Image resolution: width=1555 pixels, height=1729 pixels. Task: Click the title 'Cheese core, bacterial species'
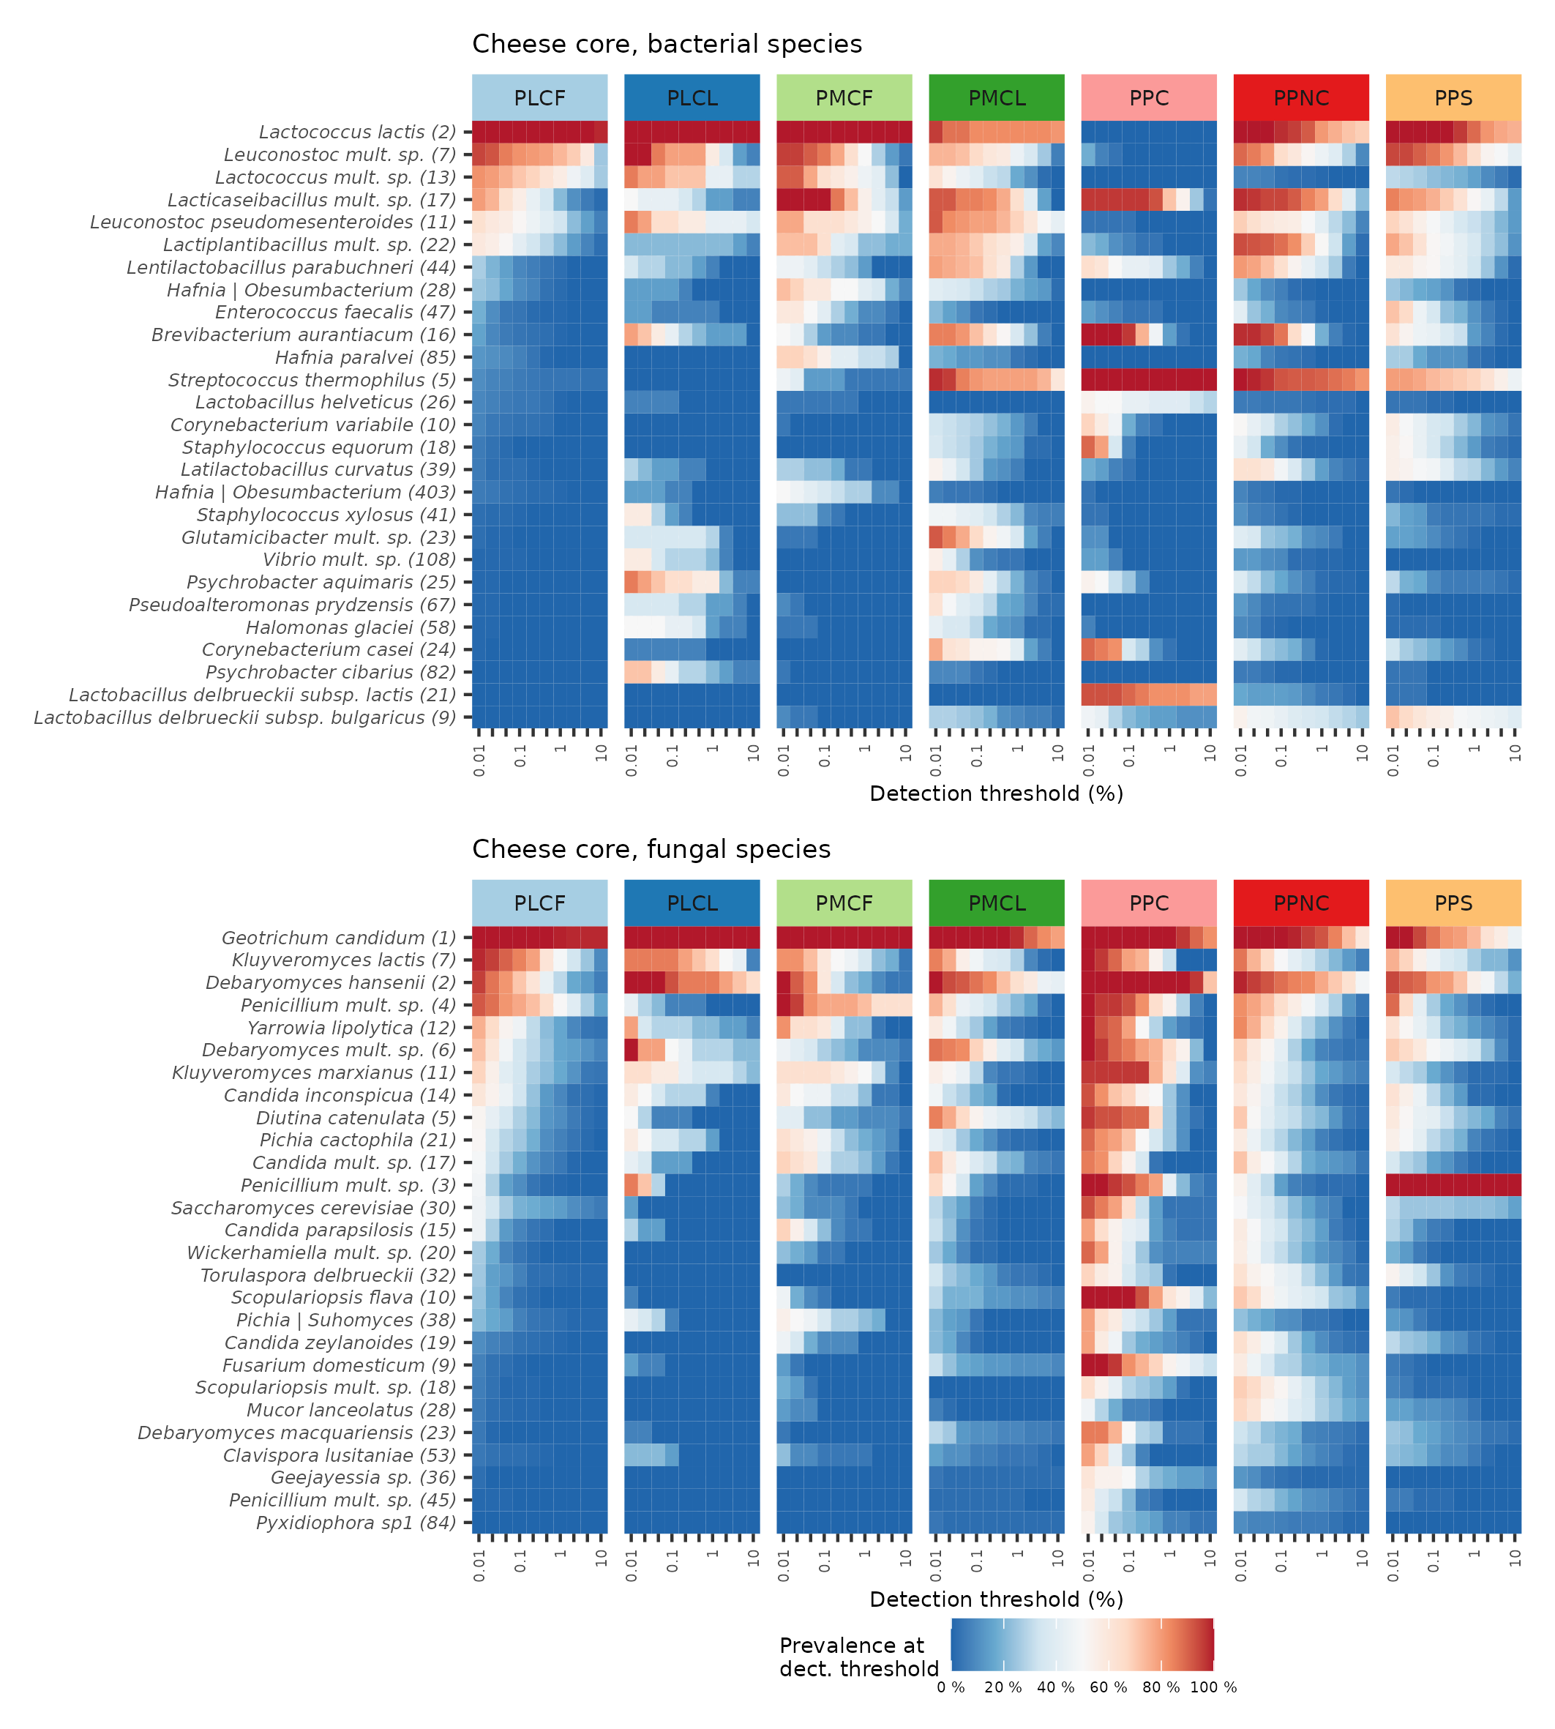pyautogui.click(x=667, y=45)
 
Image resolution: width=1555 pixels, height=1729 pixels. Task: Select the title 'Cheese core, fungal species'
pyautogui.click(x=651, y=850)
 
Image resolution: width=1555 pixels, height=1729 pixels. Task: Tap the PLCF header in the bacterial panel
pyautogui.click(x=539, y=98)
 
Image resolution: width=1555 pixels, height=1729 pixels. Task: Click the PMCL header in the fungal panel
pyautogui.click(x=996, y=903)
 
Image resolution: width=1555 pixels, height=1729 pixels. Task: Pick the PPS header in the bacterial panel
pyautogui.click(x=1453, y=98)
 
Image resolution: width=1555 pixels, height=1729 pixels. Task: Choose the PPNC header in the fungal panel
pyautogui.click(x=1300, y=903)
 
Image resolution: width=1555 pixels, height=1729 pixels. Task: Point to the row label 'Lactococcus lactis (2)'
pyautogui.click(x=357, y=132)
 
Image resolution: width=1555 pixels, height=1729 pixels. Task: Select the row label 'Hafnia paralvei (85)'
pyautogui.click(x=365, y=357)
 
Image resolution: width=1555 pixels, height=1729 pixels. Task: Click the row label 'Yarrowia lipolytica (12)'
pyautogui.click(x=351, y=1028)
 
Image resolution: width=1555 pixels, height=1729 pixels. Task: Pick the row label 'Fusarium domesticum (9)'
pyautogui.click(x=340, y=1366)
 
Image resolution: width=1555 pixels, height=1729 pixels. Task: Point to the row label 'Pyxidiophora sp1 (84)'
pyautogui.click(x=356, y=1523)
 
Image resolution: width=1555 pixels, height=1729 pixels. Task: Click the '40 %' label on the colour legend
pyautogui.click(x=1055, y=1688)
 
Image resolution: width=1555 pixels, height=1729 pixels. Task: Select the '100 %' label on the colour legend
pyautogui.click(x=1213, y=1688)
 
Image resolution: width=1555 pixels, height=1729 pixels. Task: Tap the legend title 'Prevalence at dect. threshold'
pyautogui.click(x=858, y=1657)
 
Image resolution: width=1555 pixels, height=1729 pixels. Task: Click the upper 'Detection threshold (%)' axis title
pyautogui.click(x=995, y=794)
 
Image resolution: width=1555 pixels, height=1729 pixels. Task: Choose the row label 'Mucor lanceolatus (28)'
pyautogui.click(x=351, y=1410)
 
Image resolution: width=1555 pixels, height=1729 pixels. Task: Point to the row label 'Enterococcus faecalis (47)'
pyautogui.click(x=335, y=313)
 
